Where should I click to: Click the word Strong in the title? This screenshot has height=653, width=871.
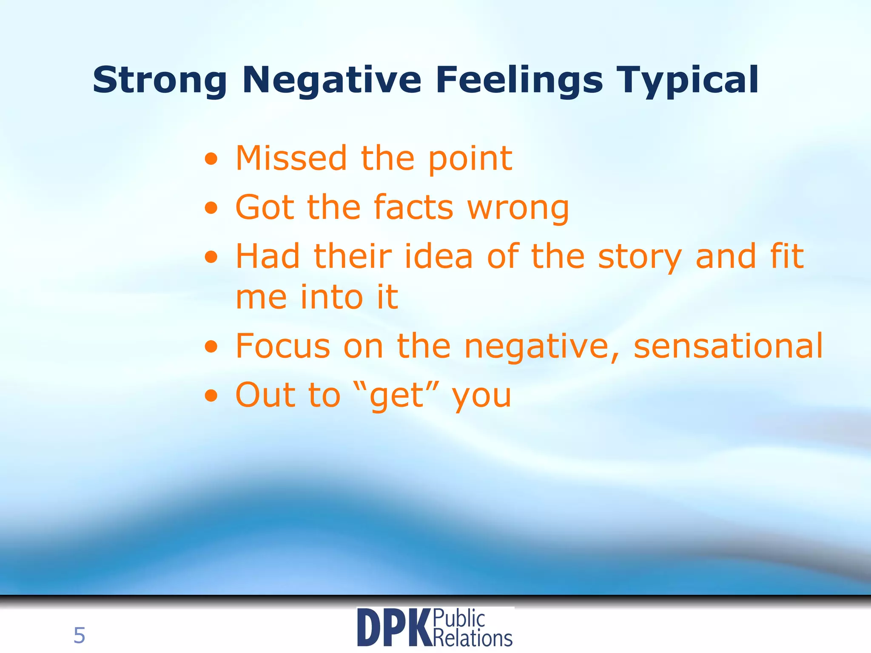tap(159, 80)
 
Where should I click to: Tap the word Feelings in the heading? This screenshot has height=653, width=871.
tap(519, 80)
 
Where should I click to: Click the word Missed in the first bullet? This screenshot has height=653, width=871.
tap(291, 158)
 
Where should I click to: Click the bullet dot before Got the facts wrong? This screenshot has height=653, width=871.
tap(211, 208)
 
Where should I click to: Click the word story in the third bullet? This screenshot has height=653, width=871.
tap(640, 257)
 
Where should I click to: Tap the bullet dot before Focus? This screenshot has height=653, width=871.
tap(211, 347)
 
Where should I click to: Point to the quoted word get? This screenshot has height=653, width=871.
tap(397, 395)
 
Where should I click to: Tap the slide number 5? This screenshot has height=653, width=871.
tap(79, 636)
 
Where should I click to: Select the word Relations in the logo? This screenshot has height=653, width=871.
tap(473, 638)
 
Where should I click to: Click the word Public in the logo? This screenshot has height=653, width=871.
tap(459, 618)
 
